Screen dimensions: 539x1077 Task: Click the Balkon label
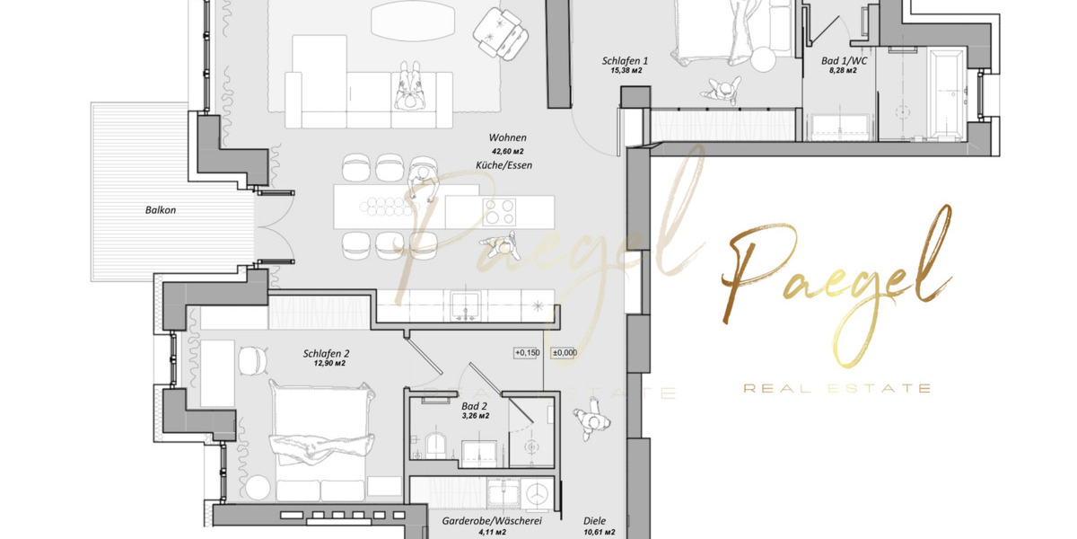pyautogui.click(x=161, y=210)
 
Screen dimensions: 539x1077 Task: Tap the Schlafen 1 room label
pyautogui.click(x=625, y=61)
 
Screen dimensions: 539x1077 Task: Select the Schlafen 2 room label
pyautogui.click(x=327, y=354)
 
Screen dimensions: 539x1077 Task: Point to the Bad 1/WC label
pyautogui.click(x=844, y=61)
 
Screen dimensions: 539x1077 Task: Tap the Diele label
pyautogui.click(x=594, y=520)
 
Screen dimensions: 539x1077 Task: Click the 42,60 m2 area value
pyautogui.click(x=507, y=152)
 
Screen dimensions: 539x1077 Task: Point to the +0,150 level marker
pyautogui.click(x=527, y=353)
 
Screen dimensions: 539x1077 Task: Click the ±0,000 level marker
pyautogui.click(x=564, y=353)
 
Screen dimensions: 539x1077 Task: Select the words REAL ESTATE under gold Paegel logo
pyautogui.click(x=836, y=388)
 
